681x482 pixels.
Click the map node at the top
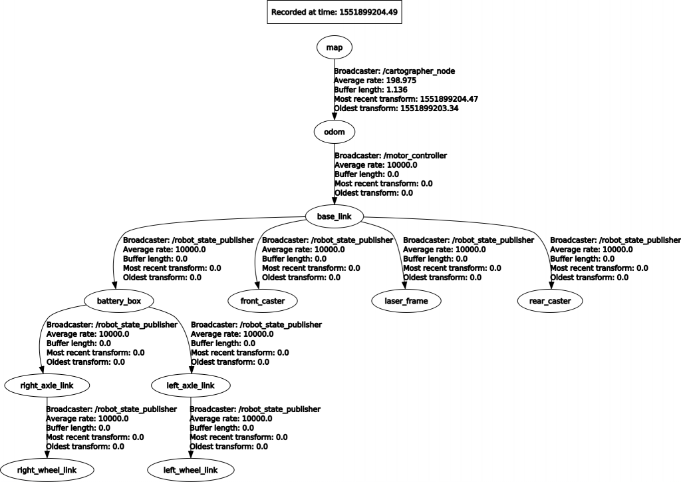pos(334,47)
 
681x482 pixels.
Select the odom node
pos(334,132)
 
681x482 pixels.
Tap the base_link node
pos(334,216)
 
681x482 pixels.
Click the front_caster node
pos(263,301)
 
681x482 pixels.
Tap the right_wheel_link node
pos(47,470)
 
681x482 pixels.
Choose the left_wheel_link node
pos(191,470)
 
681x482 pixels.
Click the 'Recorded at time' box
pos(334,12)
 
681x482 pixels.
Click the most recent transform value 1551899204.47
pos(440,99)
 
